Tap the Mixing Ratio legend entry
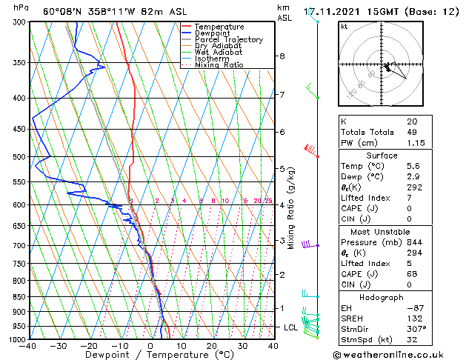click(x=219, y=65)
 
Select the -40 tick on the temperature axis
click(x=29, y=346)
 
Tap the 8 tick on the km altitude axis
click(x=282, y=56)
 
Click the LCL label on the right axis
click(x=291, y=327)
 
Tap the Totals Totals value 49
click(x=412, y=133)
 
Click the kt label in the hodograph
click(x=345, y=27)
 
